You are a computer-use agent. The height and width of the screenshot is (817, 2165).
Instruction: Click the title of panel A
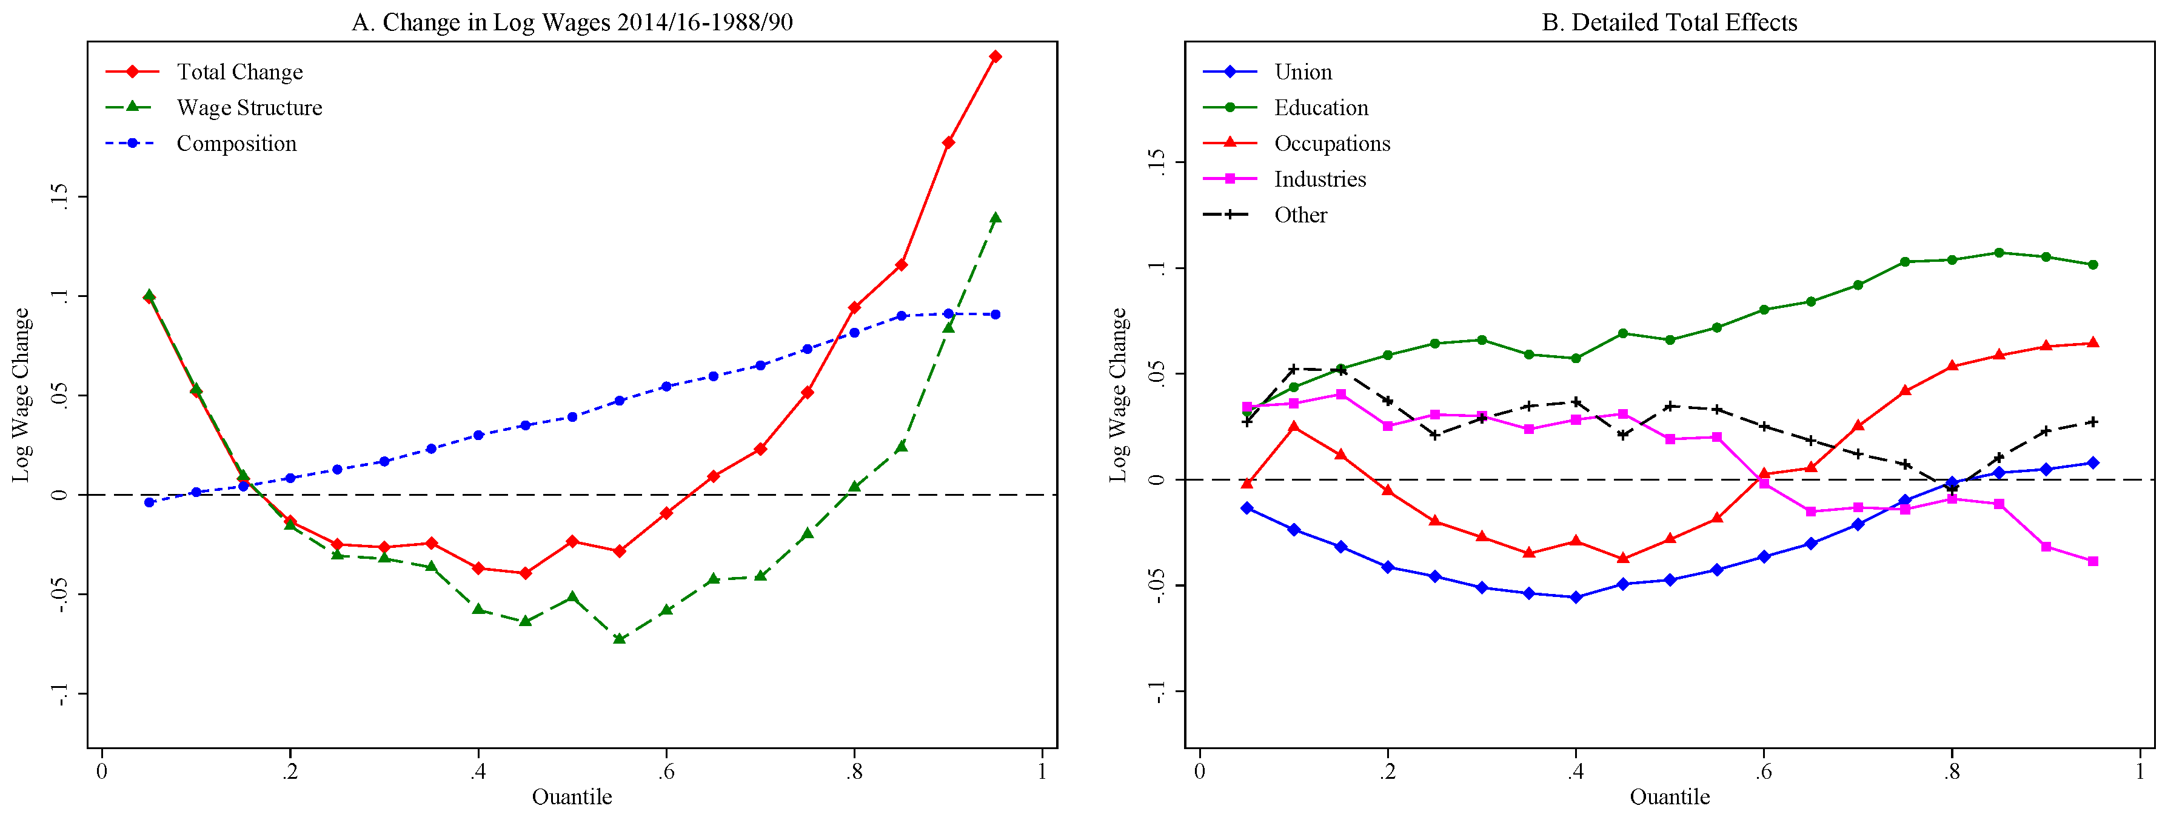point(572,22)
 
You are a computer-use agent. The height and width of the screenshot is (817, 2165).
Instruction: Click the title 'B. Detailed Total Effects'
point(1669,22)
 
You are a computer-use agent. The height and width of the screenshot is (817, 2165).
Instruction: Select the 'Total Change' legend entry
point(239,72)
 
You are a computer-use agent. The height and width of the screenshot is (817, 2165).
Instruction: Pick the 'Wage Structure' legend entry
point(249,108)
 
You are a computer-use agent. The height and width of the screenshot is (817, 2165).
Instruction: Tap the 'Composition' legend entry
point(236,144)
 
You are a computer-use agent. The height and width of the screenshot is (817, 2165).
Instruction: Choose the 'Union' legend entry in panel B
point(1303,72)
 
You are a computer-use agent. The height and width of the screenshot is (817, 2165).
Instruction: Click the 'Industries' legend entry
point(1319,179)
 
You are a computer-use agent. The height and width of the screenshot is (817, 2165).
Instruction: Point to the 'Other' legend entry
point(1300,215)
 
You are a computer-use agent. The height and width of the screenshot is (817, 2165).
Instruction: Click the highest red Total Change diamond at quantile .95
point(995,56)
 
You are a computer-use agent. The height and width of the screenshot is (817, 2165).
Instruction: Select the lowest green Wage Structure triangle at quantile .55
point(620,639)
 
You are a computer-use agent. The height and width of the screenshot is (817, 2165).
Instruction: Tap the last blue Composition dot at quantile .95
point(995,315)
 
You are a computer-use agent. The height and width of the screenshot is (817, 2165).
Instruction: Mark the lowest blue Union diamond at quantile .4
point(1576,598)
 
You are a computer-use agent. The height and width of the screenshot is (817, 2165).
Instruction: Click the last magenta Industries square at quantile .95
point(2093,561)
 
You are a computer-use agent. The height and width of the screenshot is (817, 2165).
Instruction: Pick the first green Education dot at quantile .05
point(1247,410)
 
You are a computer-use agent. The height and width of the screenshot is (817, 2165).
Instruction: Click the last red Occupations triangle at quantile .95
point(2093,343)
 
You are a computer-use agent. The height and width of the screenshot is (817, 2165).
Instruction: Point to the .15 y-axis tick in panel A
point(59,197)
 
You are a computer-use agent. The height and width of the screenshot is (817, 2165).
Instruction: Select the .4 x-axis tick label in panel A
point(477,772)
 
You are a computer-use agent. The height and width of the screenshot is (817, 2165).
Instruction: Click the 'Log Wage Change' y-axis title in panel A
point(21,395)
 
